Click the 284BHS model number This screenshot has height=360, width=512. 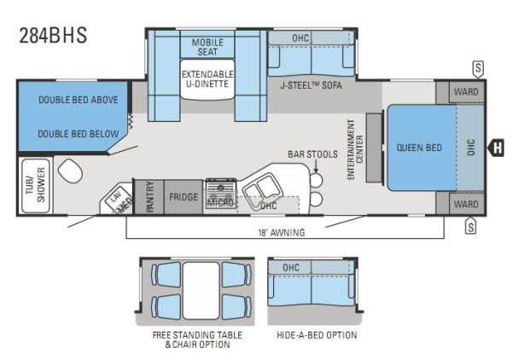coord(53,35)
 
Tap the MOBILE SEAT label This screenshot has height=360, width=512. coord(207,47)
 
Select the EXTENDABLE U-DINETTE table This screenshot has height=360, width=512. coord(207,79)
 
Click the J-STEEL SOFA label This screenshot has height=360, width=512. coord(311,85)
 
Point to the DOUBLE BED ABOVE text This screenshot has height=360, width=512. coord(79,100)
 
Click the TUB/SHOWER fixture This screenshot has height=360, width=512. coord(35,185)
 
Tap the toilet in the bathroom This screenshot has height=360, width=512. coord(70,171)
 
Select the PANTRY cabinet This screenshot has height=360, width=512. coord(149,197)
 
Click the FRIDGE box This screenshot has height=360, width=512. coord(183,197)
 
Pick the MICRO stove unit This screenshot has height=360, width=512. coord(221,194)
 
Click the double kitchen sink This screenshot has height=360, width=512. coord(262,190)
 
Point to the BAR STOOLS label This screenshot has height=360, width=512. coord(312,154)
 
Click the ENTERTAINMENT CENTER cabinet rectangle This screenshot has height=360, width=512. coord(374,148)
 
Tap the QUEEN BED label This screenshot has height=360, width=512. coord(419,148)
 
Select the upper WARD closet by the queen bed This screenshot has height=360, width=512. coord(466,92)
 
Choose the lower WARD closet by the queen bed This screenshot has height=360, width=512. coord(466,205)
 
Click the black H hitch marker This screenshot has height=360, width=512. coord(496,148)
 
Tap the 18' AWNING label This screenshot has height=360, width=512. coord(282,233)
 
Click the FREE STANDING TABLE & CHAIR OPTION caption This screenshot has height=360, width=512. coord(197,340)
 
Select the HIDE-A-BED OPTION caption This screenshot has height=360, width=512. coord(317,335)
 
